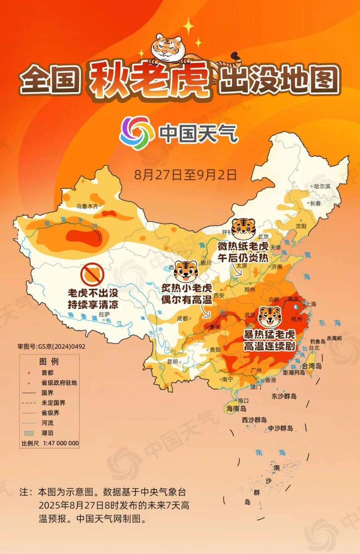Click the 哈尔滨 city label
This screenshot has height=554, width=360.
322,186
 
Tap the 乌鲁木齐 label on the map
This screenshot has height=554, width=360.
87,206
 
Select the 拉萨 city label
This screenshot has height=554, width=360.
104,314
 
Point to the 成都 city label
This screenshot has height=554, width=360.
182,319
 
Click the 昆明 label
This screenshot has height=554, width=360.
172,362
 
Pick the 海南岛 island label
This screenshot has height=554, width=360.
236,409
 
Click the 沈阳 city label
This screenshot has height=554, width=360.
301,226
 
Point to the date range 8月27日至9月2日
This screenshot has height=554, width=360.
185,174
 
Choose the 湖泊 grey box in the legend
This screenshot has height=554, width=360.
29,433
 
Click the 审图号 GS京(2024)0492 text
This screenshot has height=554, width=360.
52,347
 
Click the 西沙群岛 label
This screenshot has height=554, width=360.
254,420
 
